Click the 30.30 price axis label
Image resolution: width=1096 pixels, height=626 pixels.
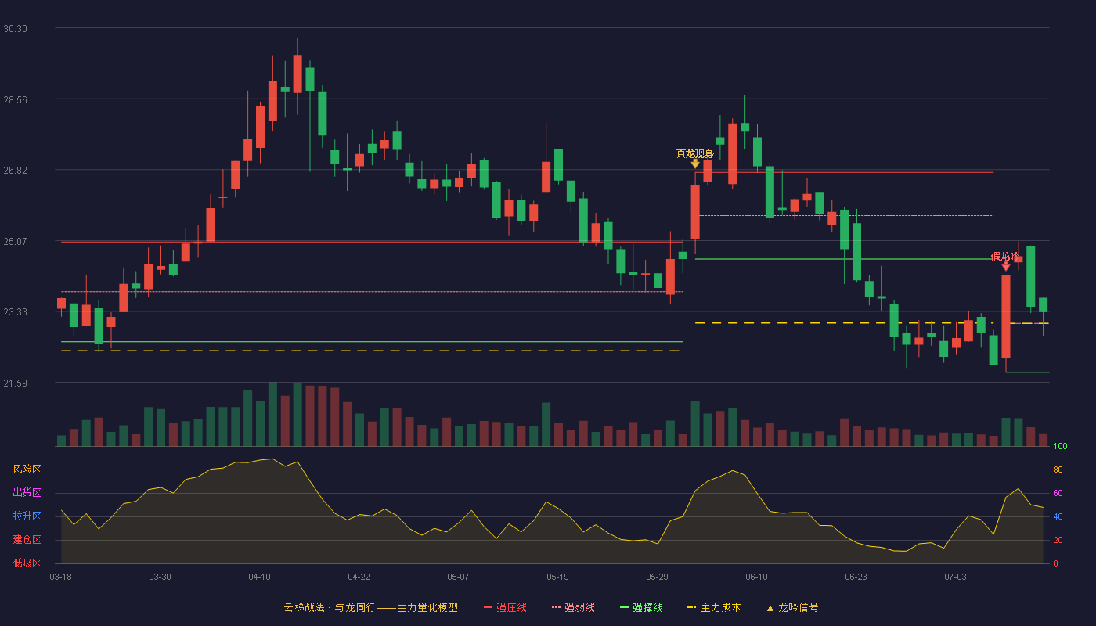pyautogui.click(x=15, y=29)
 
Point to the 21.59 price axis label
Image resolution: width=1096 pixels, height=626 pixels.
pyautogui.click(x=15, y=383)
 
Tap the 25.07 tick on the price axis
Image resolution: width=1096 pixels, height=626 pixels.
pyautogui.click(x=15, y=242)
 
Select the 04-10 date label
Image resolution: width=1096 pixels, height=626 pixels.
pyautogui.click(x=259, y=577)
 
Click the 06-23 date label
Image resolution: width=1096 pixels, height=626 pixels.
pyautogui.click(x=856, y=577)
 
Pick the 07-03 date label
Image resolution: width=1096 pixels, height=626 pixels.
pyautogui.click(x=955, y=577)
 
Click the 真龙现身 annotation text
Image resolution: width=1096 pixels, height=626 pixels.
pyautogui.click(x=695, y=153)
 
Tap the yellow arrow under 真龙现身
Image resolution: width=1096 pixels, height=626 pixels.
pyautogui.click(x=695, y=164)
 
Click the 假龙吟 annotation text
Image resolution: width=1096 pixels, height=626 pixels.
pyautogui.click(x=1005, y=257)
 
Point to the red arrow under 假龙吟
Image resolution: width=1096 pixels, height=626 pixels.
pyautogui.click(x=1005, y=267)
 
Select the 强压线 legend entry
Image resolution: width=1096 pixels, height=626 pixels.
pyautogui.click(x=505, y=607)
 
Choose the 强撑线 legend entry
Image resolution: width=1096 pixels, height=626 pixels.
pyautogui.click(x=641, y=607)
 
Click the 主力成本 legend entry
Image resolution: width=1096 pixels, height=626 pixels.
pyautogui.click(x=714, y=607)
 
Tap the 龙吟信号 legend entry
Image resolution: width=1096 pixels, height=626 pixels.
pyautogui.click(x=792, y=607)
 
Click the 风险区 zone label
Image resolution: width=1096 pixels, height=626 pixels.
pyautogui.click(x=27, y=469)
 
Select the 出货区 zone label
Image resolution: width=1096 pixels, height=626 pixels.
pyautogui.click(x=27, y=492)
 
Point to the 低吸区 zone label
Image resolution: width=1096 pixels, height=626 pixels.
pyautogui.click(x=27, y=563)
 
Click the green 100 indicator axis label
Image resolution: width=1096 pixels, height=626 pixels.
pyautogui.click(x=1060, y=446)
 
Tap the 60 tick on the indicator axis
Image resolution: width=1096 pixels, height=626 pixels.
pyautogui.click(x=1058, y=493)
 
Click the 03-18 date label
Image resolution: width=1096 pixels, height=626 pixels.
pyautogui.click(x=61, y=577)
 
